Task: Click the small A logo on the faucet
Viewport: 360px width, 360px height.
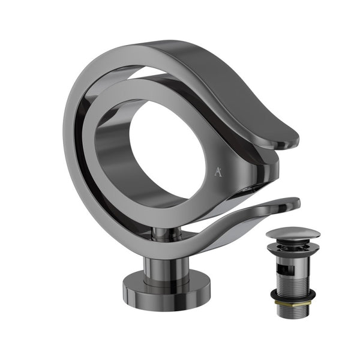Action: pyautogui.click(x=217, y=172)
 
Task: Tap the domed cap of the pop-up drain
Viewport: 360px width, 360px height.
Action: pyautogui.click(x=293, y=233)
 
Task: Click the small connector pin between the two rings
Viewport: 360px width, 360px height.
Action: pyautogui.click(x=160, y=232)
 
